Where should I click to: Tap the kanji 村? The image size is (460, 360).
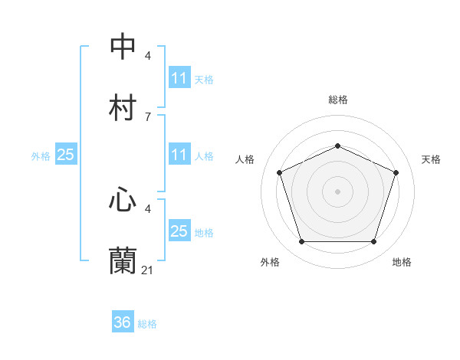coord(123,107)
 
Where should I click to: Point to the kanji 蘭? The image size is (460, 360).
coord(123,260)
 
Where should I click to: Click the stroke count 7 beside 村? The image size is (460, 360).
coord(147,116)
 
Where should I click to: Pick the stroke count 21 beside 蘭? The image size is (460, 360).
coord(148,270)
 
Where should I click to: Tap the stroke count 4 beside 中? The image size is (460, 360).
coord(147,55)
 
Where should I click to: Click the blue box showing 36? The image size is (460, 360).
coord(123,322)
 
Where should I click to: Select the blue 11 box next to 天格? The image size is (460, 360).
coord(179,78)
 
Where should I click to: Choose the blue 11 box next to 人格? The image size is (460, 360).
coord(179,155)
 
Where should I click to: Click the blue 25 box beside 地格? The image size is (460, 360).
coord(179,231)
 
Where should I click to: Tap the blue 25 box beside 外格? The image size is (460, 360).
coord(66,155)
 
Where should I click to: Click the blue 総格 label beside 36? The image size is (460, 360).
coord(147,324)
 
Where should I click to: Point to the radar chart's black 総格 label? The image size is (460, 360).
coord(337,100)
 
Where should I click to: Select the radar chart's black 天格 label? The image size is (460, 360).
coord(431,159)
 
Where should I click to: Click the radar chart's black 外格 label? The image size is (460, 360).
coord(270,262)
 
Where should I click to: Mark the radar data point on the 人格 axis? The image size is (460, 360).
coord(279,172)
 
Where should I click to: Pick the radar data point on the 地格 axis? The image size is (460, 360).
coord(373,241)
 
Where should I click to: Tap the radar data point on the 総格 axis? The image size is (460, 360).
coord(337,146)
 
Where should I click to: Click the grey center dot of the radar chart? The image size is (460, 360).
coord(337,191)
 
